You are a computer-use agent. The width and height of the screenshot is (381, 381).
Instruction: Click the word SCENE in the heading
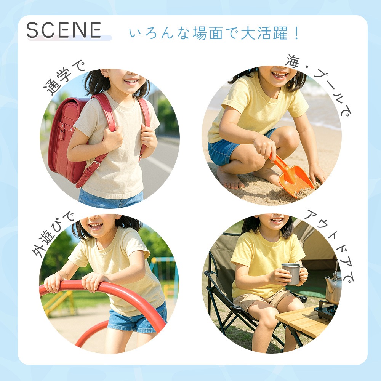(x=64, y=30)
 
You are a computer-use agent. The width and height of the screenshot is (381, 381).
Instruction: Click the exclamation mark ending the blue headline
(x=296, y=33)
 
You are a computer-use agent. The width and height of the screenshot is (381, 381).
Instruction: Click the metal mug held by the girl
(x=292, y=274)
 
